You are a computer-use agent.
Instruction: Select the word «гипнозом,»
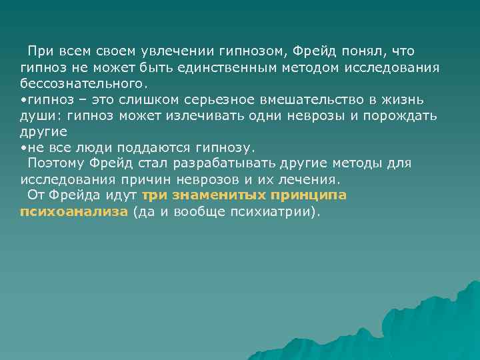pos(253,52)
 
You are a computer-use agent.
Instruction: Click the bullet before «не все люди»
pos(23,148)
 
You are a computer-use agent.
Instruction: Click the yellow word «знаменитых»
pos(211,196)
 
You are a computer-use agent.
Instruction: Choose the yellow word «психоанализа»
pos(73,212)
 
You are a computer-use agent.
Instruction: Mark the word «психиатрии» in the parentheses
pos(271,212)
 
